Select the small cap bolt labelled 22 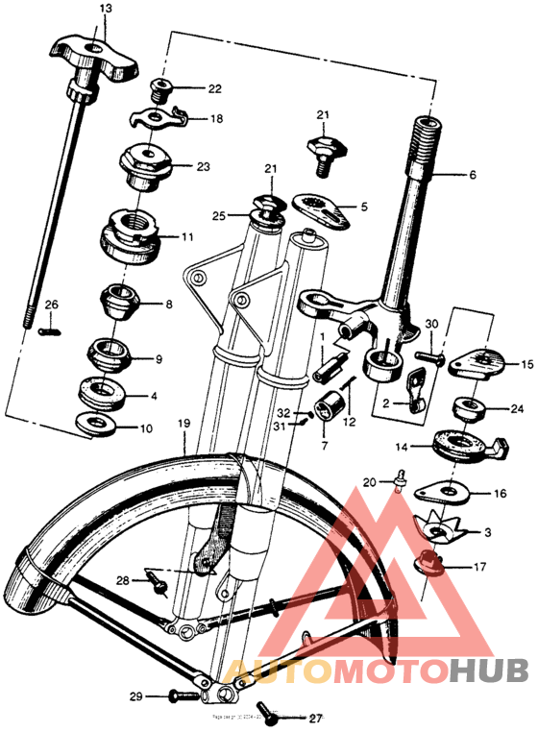point(161,90)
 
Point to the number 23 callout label point(203,166)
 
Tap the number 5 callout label point(363,206)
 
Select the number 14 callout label point(402,447)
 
